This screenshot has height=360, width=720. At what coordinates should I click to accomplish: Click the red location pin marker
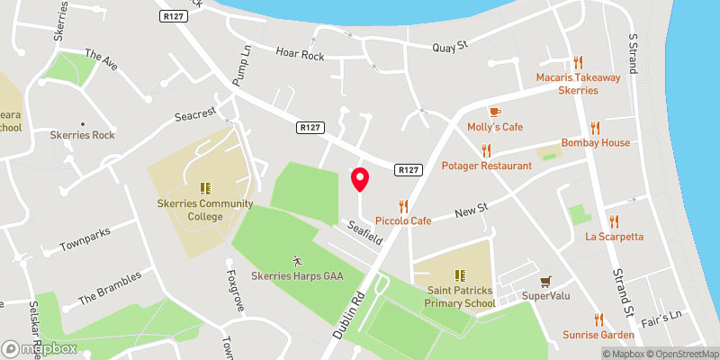click(360, 179)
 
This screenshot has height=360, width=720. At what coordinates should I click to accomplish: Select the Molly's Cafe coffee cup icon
click(495, 111)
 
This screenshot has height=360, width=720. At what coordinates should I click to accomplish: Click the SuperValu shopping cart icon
click(544, 281)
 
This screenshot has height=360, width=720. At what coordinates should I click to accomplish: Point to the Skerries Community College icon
click(205, 188)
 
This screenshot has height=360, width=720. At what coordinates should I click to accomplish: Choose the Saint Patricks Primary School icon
click(460, 275)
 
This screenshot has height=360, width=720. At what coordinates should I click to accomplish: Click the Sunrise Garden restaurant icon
click(598, 319)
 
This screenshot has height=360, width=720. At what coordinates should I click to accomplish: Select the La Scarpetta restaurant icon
click(615, 221)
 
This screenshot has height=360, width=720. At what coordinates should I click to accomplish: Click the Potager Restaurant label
click(486, 166)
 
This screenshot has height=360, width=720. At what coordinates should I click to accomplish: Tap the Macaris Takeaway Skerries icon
click(578, 63)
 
